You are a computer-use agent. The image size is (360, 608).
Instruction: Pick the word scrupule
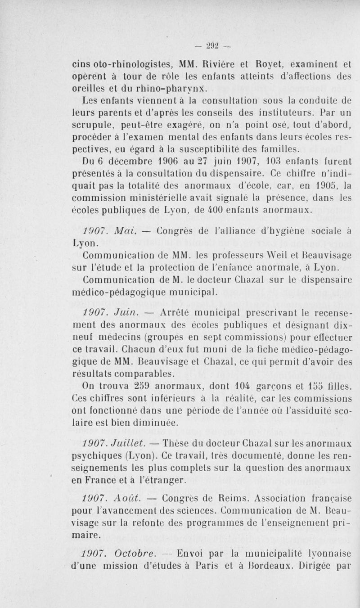point(92,122)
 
